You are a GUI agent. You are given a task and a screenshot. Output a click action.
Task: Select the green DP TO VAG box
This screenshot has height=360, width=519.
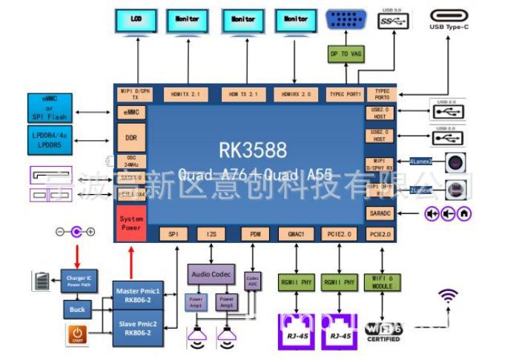(x=346, y=54)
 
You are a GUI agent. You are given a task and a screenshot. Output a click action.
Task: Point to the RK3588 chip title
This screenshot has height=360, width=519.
(x=252, y=150)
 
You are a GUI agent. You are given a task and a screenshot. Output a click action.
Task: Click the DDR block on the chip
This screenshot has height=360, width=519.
(x=131, y=139)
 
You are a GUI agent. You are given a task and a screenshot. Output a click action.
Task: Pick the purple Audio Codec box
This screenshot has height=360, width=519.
(x=211, y=273)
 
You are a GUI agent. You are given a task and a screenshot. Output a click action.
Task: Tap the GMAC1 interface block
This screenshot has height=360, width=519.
(x=296, y=234)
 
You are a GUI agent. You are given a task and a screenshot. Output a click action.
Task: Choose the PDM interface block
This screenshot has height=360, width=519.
(x=255, y=234)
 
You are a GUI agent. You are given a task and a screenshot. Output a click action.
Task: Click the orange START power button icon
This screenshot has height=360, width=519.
(x=77, y=335)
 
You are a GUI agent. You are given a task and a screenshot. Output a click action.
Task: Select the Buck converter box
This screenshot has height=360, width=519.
(x=76, y=308)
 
